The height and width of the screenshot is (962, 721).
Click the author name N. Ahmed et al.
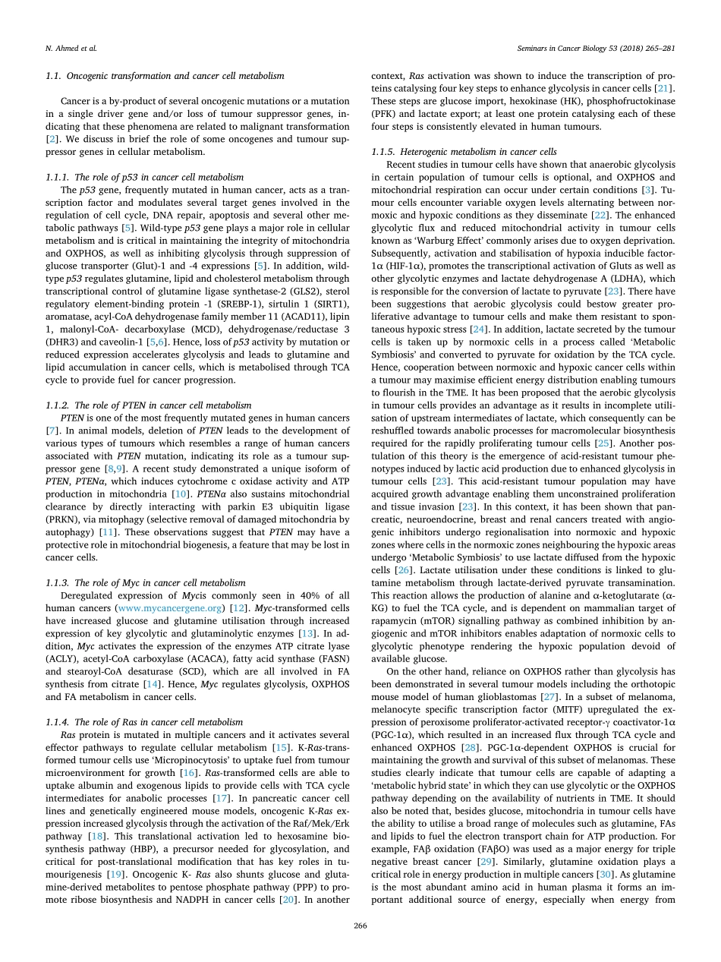tap(65, 49)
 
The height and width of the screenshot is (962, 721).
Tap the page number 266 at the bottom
tap(360, 926)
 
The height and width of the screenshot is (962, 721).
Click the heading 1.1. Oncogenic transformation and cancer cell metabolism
tap(165, 76)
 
